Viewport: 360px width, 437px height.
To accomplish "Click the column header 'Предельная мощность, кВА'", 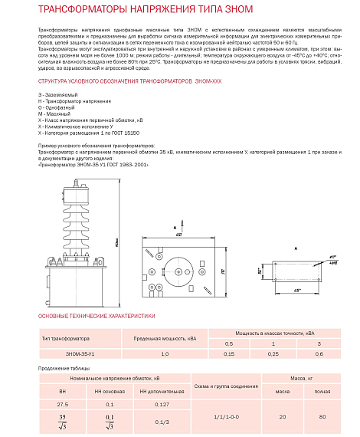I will click(x=159, y=337).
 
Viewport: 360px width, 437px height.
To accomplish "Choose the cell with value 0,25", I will click(x=271, y=353).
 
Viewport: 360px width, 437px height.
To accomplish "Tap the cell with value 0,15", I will click(x=229, y=353).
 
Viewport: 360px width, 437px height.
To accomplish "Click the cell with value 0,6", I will click(x=319, y=353).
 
